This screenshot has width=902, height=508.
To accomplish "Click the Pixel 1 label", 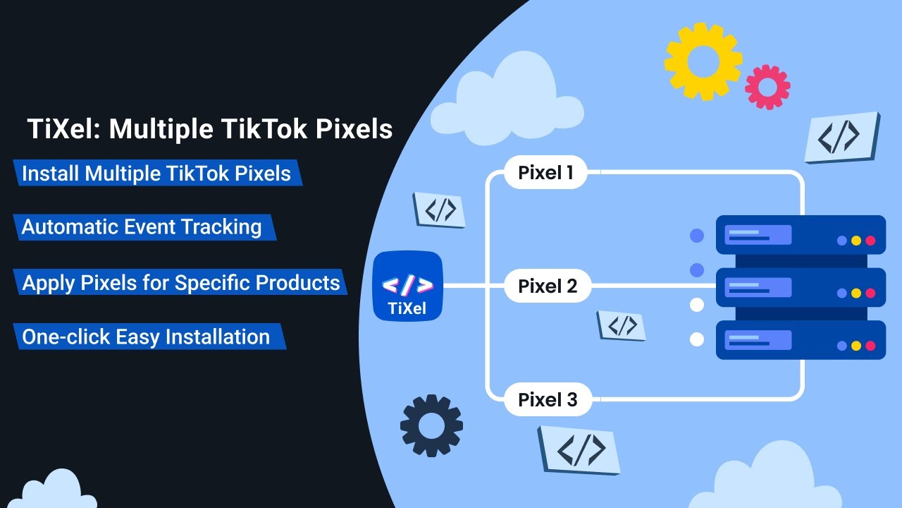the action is tap(545, 172).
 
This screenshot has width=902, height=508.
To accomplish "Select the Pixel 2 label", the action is tap(548, 286).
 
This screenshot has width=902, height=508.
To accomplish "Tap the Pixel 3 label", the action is tap(548, 399).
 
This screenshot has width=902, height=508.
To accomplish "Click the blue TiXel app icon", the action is tap(407, 286).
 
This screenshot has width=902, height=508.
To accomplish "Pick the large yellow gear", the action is tap(703, 61).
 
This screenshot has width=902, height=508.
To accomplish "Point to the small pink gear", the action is tap(767, 87).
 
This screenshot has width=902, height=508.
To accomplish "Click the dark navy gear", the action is tap(431, 425).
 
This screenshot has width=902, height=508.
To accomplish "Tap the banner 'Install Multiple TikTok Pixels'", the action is tap(156, 174).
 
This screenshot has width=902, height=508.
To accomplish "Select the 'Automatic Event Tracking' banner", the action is tap(142, 227).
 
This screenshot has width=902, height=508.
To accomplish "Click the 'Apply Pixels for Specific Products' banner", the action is tap(181, 282).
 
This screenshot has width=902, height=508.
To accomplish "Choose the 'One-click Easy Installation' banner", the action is tap(147, 337).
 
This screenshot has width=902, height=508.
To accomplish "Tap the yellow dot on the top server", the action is tap(856, 241).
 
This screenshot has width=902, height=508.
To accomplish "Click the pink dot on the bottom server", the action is tap(870, 346).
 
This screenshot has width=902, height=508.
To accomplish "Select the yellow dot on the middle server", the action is tap(856, 293).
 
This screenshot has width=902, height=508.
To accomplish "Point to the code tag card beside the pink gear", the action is tap(841, 137).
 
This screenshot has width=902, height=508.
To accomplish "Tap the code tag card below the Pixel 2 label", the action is tap(622, 325).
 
